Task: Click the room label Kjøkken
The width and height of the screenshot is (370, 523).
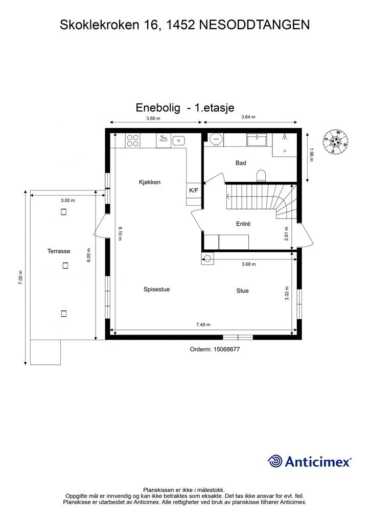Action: [x=150, y=182]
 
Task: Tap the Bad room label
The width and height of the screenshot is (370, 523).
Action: [x=241, y=163]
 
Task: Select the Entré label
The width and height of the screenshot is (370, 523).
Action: [x=243, y=224]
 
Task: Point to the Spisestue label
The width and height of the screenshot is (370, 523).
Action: [x=156, y=289]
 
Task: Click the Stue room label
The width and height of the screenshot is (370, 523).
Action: [x=242, y=291]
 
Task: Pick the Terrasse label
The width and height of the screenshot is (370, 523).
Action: [x=59, y=251]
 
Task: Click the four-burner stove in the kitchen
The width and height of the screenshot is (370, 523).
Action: [x=133, y=140]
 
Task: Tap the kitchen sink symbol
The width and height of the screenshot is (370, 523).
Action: [x=179, y=140]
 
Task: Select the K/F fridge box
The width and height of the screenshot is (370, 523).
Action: [x=194, y=191]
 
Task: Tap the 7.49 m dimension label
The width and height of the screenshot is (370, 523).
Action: [x=203, y=324]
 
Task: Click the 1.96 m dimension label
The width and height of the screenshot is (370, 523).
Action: [x=311, y=155]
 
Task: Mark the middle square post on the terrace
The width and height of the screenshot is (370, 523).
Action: [x=64, y=265]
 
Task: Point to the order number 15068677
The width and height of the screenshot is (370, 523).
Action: [x=214, y=349]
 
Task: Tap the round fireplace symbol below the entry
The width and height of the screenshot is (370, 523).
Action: [x=207, y=259]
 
